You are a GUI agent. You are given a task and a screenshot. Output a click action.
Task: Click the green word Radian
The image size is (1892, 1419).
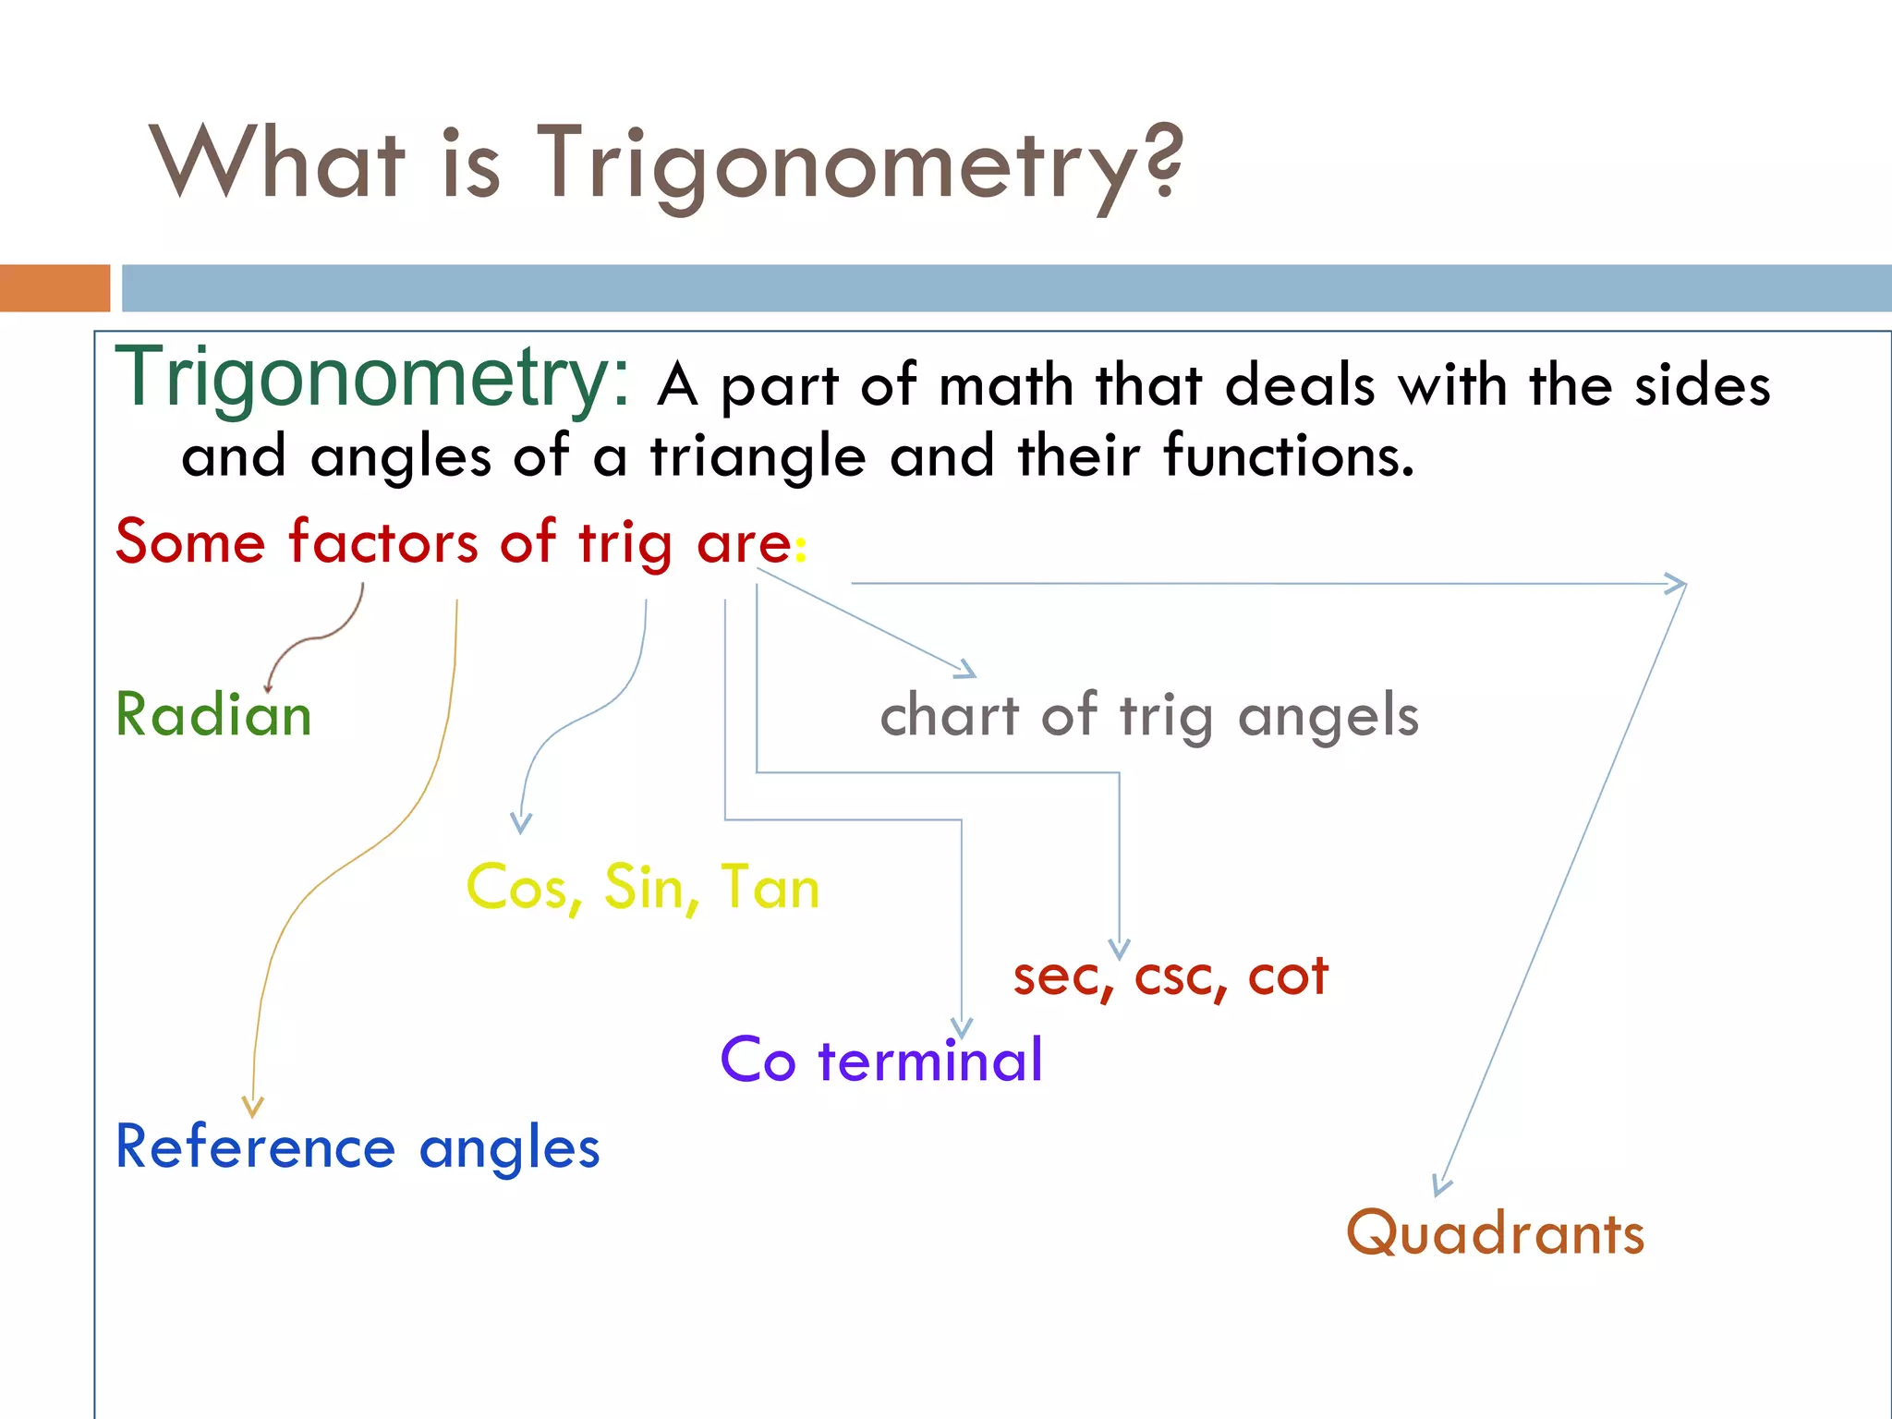[213, 715]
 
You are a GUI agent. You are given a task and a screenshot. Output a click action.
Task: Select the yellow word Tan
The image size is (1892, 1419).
[770, 888]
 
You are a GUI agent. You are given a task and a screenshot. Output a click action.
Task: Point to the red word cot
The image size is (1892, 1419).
[1288, 976]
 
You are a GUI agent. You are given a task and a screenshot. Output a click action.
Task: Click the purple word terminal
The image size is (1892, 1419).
[930, 1060]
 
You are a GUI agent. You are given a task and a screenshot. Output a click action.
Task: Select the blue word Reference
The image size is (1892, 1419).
[255, 1147]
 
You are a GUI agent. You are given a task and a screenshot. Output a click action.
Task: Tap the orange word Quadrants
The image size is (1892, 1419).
[1495, 1233]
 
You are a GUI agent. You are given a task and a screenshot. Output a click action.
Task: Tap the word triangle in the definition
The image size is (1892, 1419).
[758, 457]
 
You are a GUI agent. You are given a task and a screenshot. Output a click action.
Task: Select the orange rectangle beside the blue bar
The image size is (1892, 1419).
[55, 288]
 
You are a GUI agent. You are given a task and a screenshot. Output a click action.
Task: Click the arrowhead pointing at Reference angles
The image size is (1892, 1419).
[253, 1107]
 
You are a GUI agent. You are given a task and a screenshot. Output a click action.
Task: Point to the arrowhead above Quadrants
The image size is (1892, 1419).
[1440, 1186]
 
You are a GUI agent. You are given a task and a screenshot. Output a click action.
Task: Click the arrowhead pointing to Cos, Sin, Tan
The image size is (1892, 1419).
[521, 823]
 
